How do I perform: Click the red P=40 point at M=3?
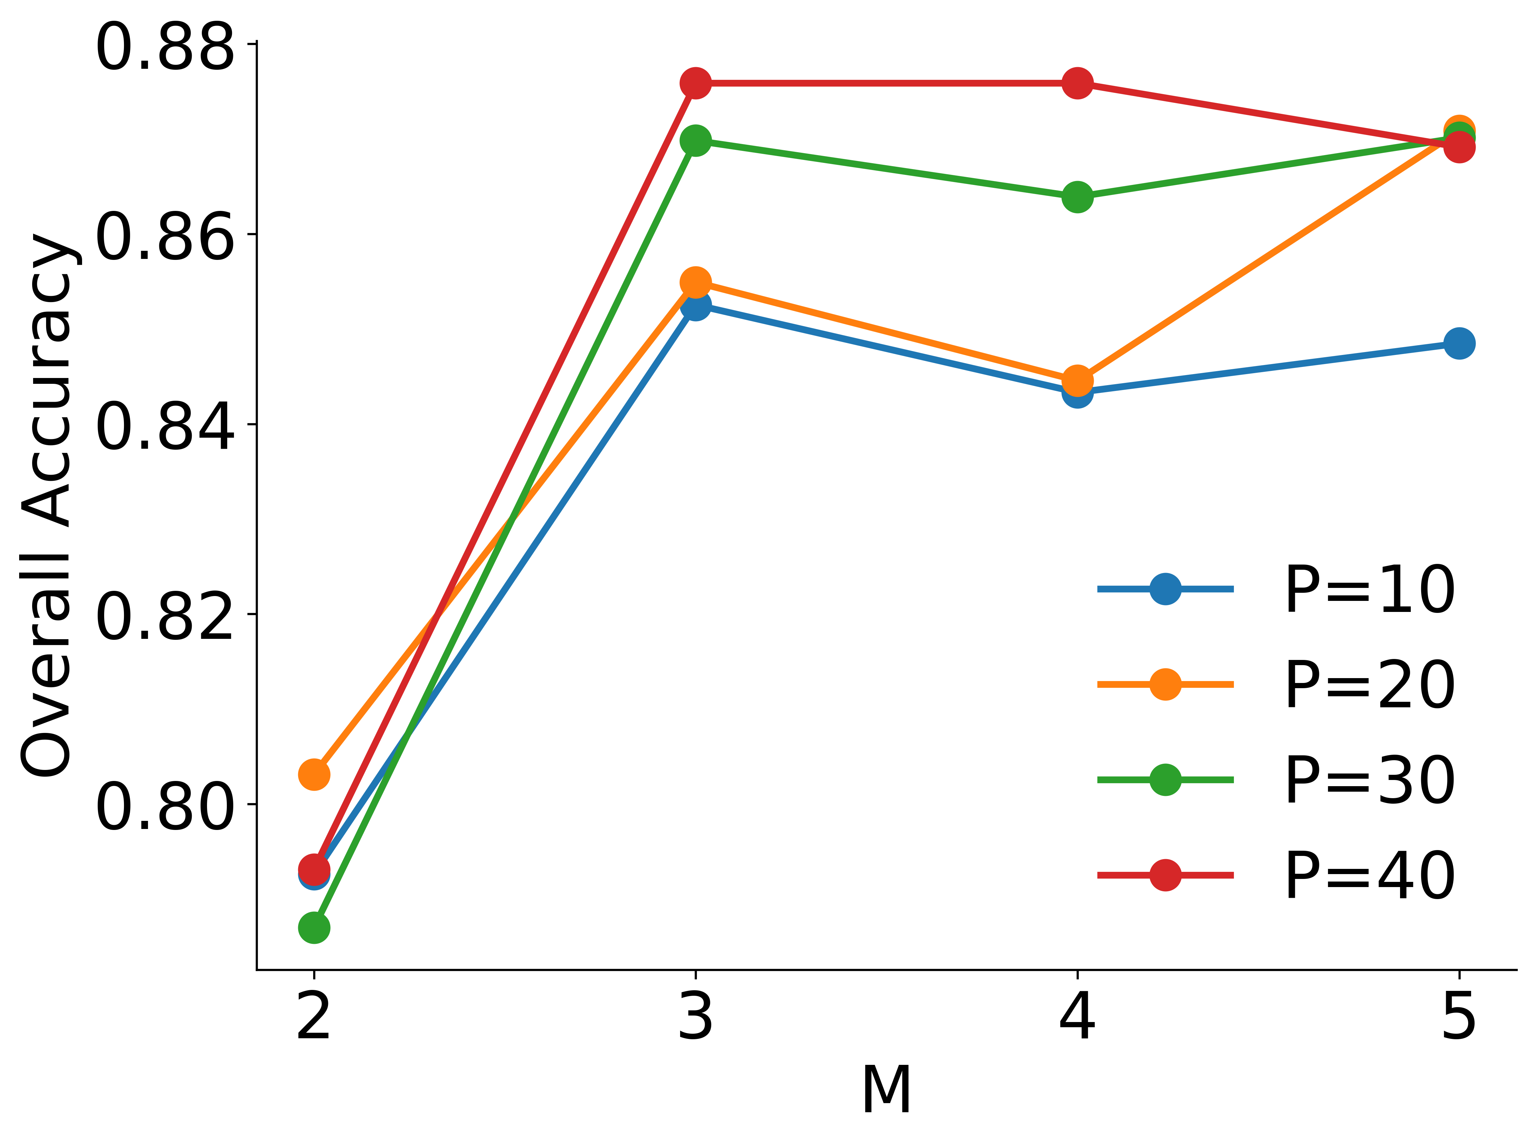(x=695, y=83)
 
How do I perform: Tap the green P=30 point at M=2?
(x=314, y=927)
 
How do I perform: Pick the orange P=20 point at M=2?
(x=314, y=774)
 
